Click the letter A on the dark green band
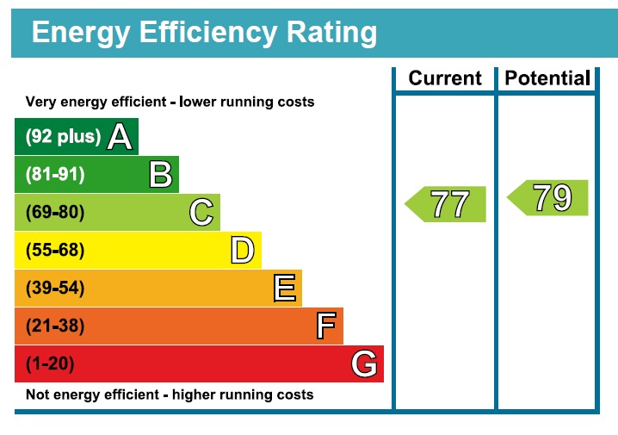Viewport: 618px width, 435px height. click(x=119, y=137)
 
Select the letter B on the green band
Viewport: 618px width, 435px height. click(x=160, y=175)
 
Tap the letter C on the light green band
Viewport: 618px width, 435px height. click(x=201, y=213)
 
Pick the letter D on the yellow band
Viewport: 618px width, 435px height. click(x=243, y=251)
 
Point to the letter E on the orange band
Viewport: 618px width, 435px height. click(x=284, y=289)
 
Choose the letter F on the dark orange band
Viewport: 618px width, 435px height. click(x=325, y=326)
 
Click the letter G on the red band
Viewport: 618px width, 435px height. click(x=364, y=364)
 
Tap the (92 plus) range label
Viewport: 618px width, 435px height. click(x=63, y=137)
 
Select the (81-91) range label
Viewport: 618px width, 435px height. click(x=55, y=175)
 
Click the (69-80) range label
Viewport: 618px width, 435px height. click(x=55, y=213)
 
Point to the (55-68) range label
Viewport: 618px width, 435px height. click(x=55, y=251)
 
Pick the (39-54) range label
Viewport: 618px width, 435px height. click(x=55, y=289)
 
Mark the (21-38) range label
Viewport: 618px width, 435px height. click(x=55, y=326)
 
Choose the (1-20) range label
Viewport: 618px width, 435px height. click(x=50, y=364)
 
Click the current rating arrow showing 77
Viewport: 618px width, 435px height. click(x=447, y=204)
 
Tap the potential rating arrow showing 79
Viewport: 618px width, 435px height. click(x=549, y=198)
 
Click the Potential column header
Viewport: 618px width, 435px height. click(x=547, y=78)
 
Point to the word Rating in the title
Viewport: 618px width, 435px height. click(x=328, y=33)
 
